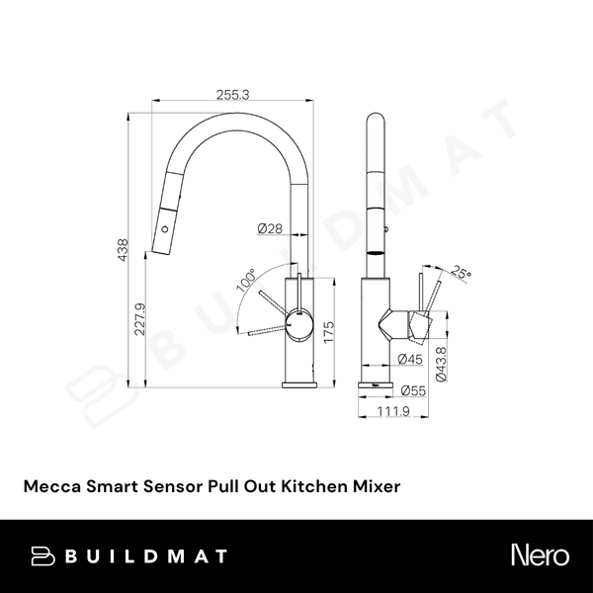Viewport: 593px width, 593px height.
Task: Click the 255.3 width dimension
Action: coord(231,94)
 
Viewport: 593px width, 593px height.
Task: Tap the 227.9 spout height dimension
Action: coord(140,318)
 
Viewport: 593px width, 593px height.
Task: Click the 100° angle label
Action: coord(245,281)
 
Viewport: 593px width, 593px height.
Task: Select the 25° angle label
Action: coord(461,272)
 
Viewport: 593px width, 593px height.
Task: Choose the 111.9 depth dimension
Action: coord(394,411)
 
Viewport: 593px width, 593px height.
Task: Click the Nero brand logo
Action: coord(537,556)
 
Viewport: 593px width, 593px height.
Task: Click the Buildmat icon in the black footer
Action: coord(42,556)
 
